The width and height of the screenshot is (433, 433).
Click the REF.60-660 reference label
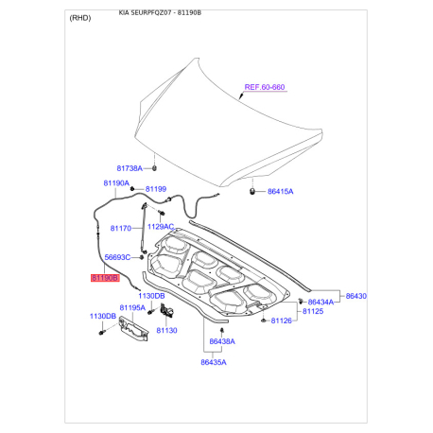click(265, 87)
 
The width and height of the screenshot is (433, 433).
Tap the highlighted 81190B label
click(104, 279)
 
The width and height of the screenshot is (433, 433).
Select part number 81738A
click(129, 168)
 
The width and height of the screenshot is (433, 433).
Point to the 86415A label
click(281, 191)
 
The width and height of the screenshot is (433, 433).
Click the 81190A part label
click(115, 182)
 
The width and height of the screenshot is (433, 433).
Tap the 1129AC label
click(161, 227)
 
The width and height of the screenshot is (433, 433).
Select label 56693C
click(117, 257)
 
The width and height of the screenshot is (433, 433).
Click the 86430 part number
click(355, 296)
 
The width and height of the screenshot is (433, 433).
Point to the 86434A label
click(321, 302)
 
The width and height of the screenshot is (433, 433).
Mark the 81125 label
click(312, 311)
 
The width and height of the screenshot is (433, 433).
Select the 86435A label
click(214, 361)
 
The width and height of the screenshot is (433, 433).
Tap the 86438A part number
click(222, 340)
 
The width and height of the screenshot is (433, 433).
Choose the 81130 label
click(166, 330)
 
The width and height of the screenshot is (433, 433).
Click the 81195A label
click(132, 307)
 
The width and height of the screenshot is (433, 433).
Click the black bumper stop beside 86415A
click(253, 192)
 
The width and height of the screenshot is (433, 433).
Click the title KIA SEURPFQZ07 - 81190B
click(160, 14)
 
